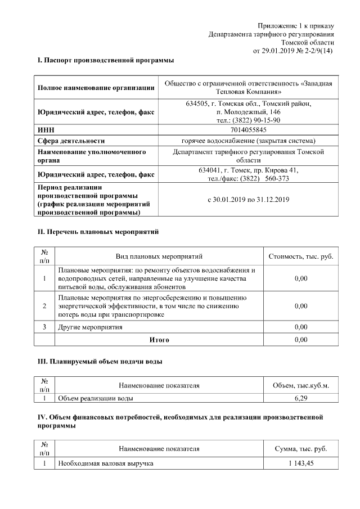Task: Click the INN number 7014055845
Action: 248,130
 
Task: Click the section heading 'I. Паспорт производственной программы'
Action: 106,60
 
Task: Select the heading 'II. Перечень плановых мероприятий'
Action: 98,231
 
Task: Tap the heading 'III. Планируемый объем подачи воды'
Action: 100,362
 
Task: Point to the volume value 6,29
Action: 301,399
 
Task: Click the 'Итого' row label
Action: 159,340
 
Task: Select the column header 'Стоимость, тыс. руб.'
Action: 301,256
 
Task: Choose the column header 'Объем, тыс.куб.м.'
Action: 301,385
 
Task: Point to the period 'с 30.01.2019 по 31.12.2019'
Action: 248,200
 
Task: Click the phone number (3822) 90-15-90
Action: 256,120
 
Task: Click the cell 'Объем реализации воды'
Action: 97,399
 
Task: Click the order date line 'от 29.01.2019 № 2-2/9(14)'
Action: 293,51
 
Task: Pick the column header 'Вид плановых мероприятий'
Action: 159,256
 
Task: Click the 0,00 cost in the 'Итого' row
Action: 301,340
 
